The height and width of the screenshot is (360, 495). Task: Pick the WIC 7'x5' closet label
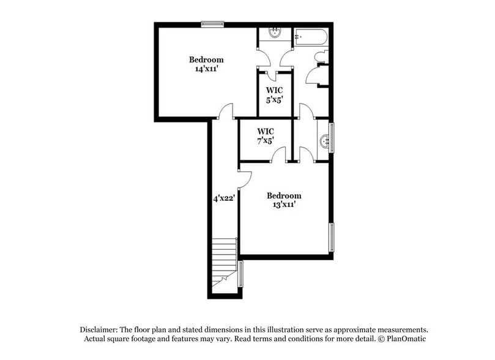coord(266,136)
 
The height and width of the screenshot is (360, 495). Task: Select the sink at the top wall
coord(274,34)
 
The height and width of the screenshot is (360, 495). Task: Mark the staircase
coord(225,260)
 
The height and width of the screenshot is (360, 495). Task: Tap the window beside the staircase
coord(241,274)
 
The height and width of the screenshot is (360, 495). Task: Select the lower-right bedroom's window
coord(332,237)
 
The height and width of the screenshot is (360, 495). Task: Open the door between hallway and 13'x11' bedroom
coord(244,179)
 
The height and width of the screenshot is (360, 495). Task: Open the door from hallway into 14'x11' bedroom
coord(226,112)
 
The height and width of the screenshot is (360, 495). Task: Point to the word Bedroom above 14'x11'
coord(206,60)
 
